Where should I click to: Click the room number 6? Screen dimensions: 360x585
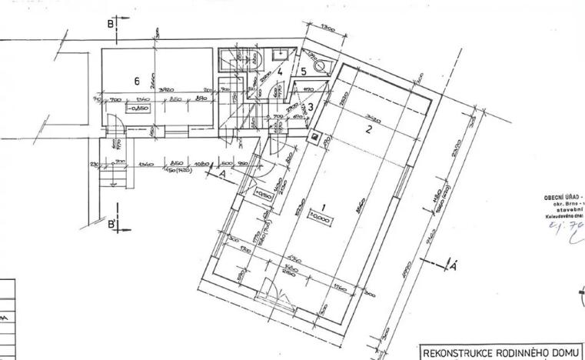coord(136,80)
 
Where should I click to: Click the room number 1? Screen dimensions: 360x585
coord(324,207)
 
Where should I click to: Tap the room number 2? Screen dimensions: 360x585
coord(369,129)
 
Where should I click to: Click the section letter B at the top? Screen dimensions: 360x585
coord(111,24)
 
